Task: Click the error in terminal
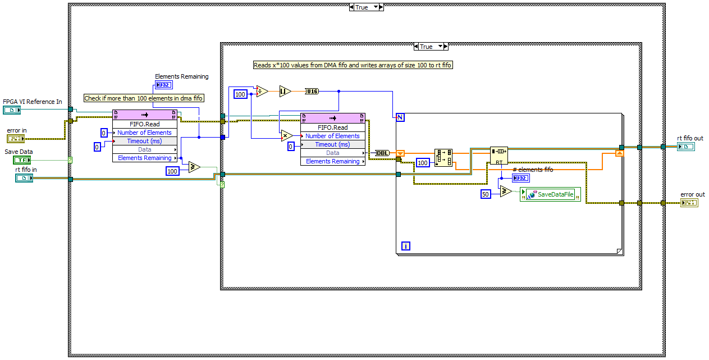15,139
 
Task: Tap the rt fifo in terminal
24,178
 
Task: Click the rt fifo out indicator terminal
685,147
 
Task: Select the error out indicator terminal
689,203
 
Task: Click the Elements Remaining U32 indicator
164,85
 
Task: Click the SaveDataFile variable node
551,195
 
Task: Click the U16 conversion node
312,91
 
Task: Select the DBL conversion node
382,153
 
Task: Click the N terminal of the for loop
400,117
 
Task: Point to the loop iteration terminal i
406,245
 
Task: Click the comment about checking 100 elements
144,98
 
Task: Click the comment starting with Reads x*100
353,65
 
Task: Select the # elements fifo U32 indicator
520,178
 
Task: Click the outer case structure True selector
365,7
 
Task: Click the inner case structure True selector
430,47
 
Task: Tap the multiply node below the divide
286,135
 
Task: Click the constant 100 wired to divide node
240,94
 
